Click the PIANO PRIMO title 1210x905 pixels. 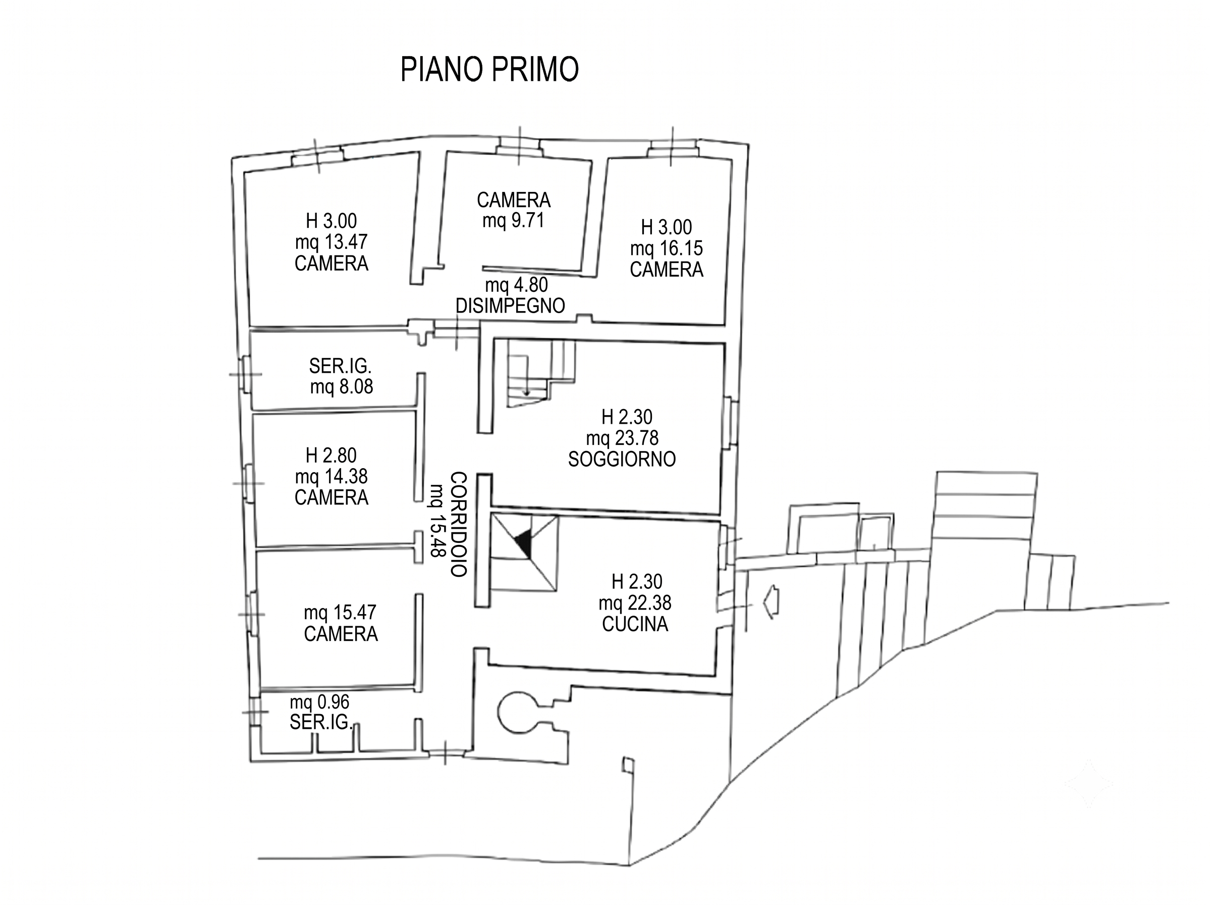click(x=489, y=69)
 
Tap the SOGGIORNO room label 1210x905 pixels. click(x=622, y=459)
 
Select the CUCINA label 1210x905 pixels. click(x=635, y=624)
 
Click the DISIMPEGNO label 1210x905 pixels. click(x=510, y=306)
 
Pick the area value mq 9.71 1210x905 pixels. click(x=513, y=221)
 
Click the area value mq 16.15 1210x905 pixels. click(x=666, y=248)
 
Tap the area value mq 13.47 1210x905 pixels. click(x=331, y=241)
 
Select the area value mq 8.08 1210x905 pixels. click(x=341, y=386)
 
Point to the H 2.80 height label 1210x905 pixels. click(x=331, y=455)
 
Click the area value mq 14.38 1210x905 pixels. click(x=331, y=476)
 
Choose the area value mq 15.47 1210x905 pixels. click(x=340, y=612)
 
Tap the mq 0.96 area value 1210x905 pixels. click(x=319, y=701)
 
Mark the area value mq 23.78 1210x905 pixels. click(x=622, y=438)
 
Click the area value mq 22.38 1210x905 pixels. click(x=635, y=603)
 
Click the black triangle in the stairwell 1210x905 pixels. click(x=525, y=544)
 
